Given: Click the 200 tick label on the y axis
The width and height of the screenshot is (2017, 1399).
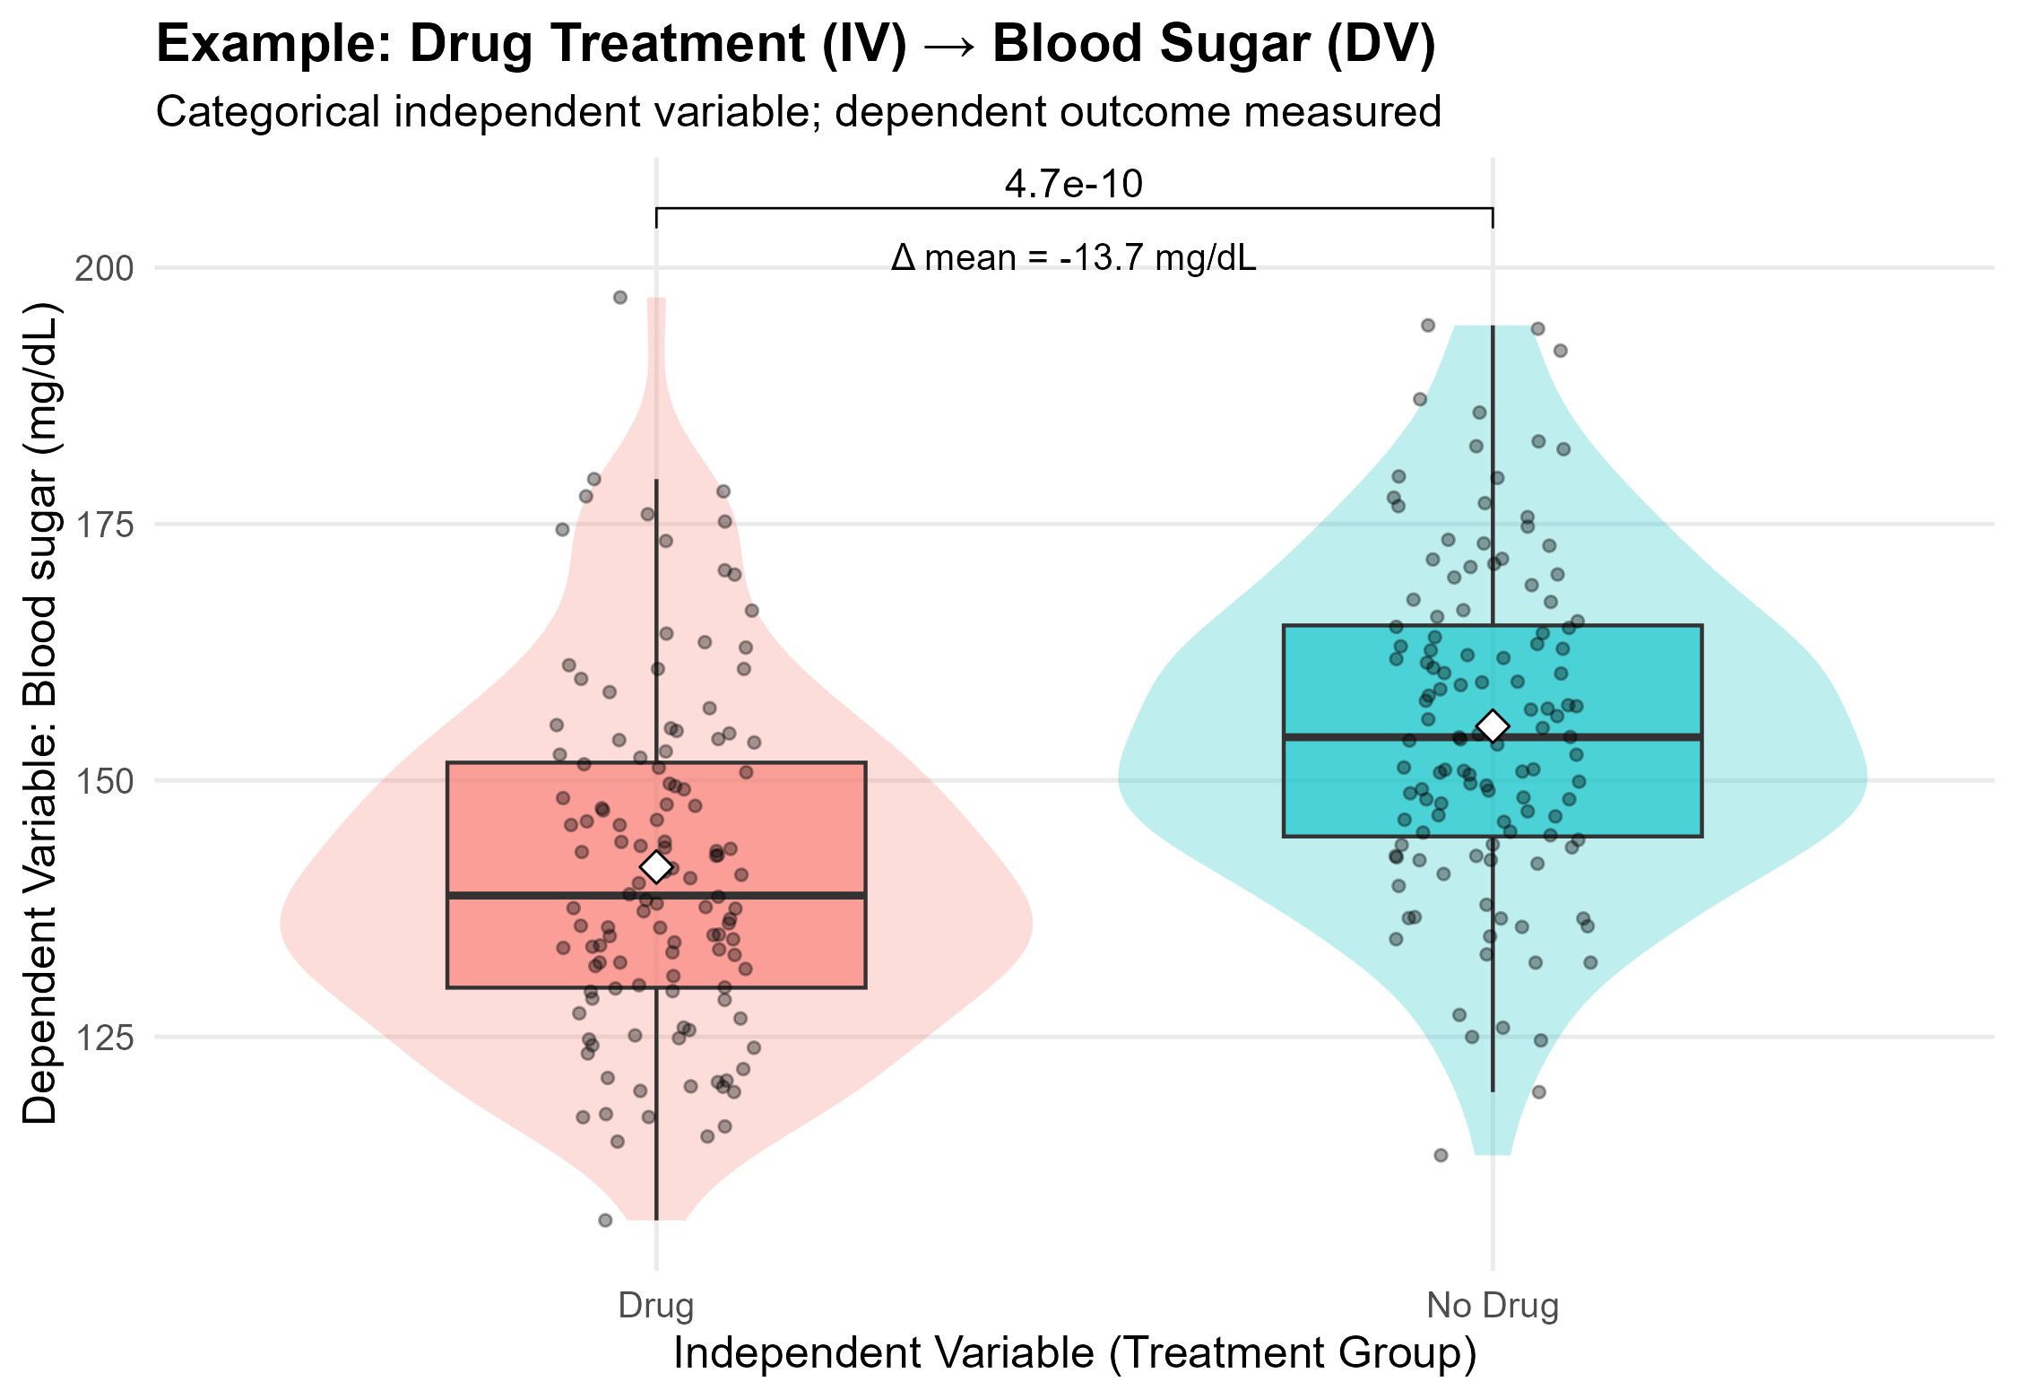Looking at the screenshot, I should [x=104, y=269].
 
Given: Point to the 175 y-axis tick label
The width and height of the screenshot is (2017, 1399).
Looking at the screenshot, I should [x=104, y=525].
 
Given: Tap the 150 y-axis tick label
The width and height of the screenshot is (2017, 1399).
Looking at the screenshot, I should [x=104, y=781].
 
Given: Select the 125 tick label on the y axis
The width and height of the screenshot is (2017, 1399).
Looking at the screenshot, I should [x=104, y=1038].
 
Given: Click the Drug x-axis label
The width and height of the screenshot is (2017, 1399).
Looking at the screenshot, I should [x=655, y=1306].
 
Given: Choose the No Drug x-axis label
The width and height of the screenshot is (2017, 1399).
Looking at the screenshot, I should [x=1493, y=1306].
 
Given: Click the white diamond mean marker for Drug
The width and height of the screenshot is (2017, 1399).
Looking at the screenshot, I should [x=656, y=866].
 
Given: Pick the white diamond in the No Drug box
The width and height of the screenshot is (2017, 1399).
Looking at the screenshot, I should [x=1493, y=726].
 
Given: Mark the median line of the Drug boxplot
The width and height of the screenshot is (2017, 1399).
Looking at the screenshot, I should [x=538, y=895].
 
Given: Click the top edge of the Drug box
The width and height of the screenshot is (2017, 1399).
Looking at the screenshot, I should [x=538, y=763].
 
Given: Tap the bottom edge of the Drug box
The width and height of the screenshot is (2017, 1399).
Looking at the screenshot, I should [x=538, y=987].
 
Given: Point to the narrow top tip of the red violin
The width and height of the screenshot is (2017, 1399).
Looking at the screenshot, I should [x=656, y=301].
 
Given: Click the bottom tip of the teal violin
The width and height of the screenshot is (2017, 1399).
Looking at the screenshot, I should [x=1493, y=1151].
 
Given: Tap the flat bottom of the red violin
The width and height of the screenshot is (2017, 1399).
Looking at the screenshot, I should [x=656, y=1218].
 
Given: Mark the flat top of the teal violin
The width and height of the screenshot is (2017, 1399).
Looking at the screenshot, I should [x=1493, y=327].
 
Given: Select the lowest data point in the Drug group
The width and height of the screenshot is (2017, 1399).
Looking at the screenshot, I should [x=618, y=1142].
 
